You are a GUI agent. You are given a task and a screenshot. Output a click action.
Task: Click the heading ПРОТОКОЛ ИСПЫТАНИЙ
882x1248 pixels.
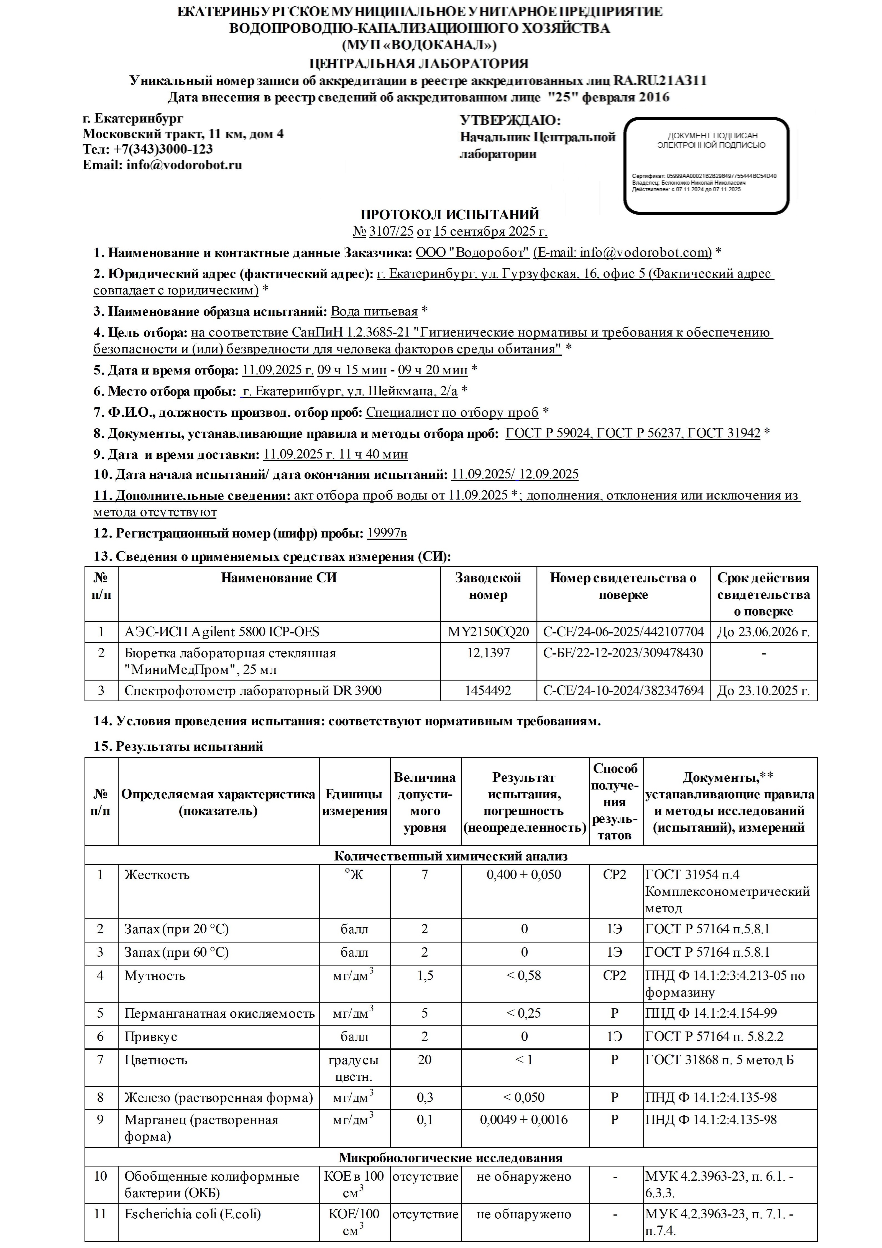tap(449, 215)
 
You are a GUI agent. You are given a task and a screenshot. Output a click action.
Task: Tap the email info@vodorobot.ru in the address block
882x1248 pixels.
tap(184, 165)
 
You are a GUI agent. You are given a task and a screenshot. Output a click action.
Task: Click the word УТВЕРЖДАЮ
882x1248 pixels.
tap(510, 121)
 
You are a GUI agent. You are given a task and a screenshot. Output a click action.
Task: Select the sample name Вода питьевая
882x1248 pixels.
tap(374, 312)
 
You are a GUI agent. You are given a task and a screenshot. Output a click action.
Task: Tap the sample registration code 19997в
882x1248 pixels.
tap(386, 533)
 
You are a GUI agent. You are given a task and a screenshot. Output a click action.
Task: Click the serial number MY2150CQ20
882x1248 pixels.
tap(488, 631)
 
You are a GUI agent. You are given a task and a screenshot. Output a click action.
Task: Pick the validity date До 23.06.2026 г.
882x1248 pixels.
tap(763, 631)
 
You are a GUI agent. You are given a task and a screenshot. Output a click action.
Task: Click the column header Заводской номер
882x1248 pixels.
tap(488, 586)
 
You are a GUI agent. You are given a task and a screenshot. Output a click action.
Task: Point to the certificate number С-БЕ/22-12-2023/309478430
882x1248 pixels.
tap(623, 653)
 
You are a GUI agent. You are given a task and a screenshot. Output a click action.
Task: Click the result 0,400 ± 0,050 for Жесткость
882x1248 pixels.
tap(524, 875)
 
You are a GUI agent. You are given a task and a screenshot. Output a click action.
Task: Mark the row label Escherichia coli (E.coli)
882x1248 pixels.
tap(192, 1214)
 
